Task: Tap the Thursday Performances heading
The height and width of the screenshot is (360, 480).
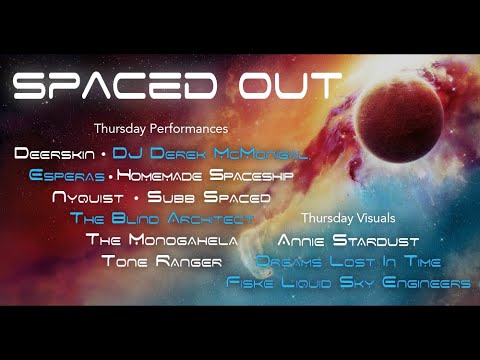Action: (161, 129)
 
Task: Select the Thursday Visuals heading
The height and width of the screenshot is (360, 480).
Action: (348, 217)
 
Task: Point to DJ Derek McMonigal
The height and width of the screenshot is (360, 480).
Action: (209, 154)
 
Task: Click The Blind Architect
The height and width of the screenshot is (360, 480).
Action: (162, 218)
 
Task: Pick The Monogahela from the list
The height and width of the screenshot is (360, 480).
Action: (161, 240)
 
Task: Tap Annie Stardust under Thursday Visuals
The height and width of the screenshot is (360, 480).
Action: (348, 240)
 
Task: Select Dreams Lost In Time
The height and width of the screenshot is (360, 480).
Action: (348, 262)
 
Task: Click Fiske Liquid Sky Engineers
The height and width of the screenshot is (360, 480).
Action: (348, 284)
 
